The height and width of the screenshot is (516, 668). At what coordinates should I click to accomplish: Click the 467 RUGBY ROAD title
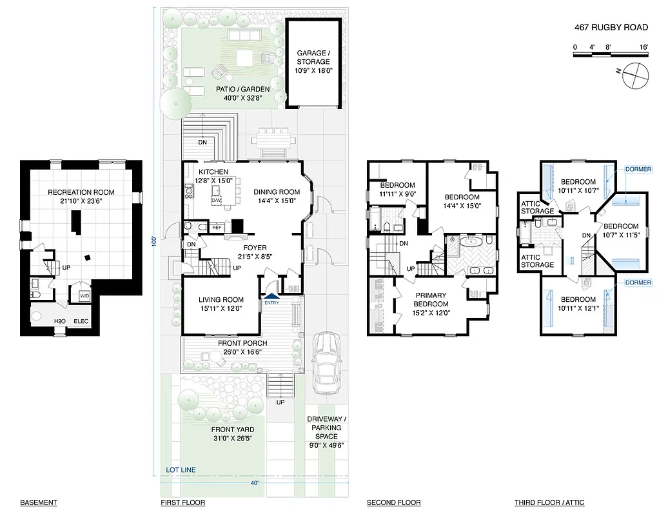pos(610,28)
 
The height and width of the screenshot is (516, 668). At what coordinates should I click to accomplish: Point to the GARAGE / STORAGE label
pos(313,62)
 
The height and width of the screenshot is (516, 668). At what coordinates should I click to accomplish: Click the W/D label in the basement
pos(84,296)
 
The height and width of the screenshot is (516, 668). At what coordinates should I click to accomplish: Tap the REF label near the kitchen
pos(217,228)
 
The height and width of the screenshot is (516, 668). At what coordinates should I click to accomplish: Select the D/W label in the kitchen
pos(216,201)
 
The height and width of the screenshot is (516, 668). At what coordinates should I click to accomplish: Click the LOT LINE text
pos(181,470)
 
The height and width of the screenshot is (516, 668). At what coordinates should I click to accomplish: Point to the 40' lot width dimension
pos(255,482)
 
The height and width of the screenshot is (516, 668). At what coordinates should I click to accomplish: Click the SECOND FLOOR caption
pos(393,502)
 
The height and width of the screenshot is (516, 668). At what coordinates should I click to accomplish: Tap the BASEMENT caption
pos(39,502)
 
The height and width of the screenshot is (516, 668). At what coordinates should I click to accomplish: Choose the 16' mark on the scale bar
pos(643,47)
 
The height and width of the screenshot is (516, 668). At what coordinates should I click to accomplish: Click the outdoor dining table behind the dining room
pos(270,139)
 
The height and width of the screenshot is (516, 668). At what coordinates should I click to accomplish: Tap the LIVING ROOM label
pos(221,304)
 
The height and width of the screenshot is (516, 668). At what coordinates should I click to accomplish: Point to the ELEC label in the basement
pos(81,321)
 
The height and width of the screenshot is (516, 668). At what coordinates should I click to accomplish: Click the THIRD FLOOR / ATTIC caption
pos(549,502)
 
